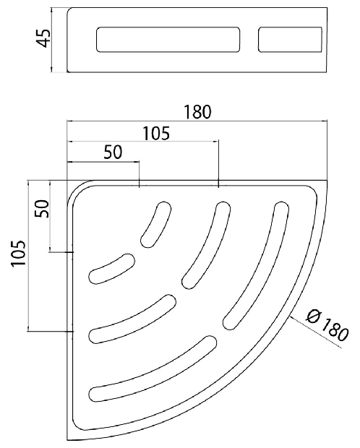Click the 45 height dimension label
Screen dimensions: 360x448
tap(44, 38)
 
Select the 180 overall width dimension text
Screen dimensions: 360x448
tap(197, 112)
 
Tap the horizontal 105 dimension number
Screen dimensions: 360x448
tap(156, 133)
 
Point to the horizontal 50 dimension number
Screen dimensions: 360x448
tap(113, 152)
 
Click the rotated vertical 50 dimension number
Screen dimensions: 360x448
tap(42, 209)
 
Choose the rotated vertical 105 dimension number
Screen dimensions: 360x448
tap(19, 254)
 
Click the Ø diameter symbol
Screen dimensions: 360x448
tap(314, 316)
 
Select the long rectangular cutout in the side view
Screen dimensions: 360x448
tap(168, 40)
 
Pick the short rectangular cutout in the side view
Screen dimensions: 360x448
tap(290, 40)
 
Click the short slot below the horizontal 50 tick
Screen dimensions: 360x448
tap(156, 224)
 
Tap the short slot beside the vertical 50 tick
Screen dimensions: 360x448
tap(112, 269)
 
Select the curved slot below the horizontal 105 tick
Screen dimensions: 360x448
tap(207, 245)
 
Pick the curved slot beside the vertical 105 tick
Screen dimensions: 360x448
tap(132, 319)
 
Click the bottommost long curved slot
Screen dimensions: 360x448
tap(153, 369)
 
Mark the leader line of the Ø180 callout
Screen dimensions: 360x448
tap(315, 332)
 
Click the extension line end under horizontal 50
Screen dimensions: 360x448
tap(139, 187)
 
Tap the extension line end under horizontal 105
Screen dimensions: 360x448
tap(218, 187)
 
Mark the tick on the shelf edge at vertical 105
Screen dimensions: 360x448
tap(70, 332)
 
